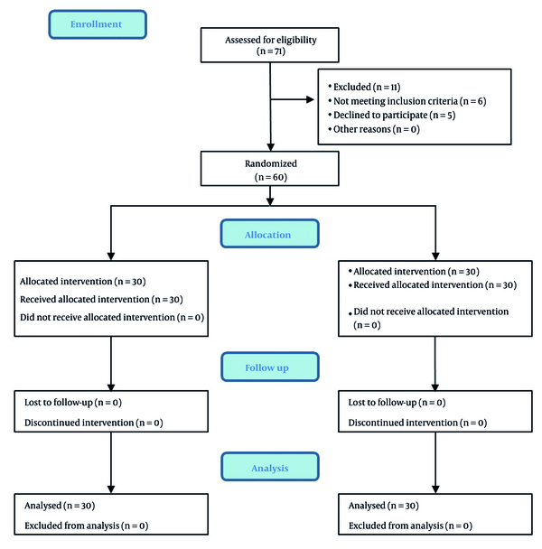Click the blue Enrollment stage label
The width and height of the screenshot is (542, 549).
click(98, 24)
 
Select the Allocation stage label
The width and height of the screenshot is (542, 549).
click(270, 234)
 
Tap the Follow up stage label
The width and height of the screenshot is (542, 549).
click(270, 367)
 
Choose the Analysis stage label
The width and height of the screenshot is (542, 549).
click(270, 467)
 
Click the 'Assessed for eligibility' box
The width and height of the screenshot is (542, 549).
click(270, 45)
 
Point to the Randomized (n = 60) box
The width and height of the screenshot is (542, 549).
click(270, 169)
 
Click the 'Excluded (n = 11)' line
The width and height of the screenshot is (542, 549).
click(364, 87)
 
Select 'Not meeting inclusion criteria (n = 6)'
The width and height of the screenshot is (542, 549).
click(407, 101)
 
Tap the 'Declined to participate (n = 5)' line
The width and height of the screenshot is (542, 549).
click(392, 116)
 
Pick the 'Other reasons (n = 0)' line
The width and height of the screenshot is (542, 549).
click(374, 129)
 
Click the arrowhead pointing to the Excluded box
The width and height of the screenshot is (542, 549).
click(310, 99)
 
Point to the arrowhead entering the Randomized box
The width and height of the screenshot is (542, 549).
click(270, 147)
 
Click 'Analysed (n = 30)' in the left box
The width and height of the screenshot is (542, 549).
click(60, 506)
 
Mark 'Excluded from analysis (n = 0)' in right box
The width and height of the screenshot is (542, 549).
click(410, 526)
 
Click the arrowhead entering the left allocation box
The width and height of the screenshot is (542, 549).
click(111, 256)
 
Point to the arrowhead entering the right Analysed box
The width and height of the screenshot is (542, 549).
click(435, 489)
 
